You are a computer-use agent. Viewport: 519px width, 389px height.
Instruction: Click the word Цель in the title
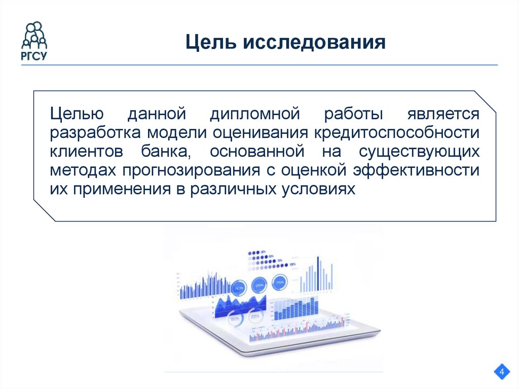tap(209, 42)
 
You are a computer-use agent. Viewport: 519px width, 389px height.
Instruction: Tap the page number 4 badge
tap(502, 373)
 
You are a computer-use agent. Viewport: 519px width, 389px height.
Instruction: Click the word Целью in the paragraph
tap(77, 114)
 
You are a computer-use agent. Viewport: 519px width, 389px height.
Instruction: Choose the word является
tap(442, 114)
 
